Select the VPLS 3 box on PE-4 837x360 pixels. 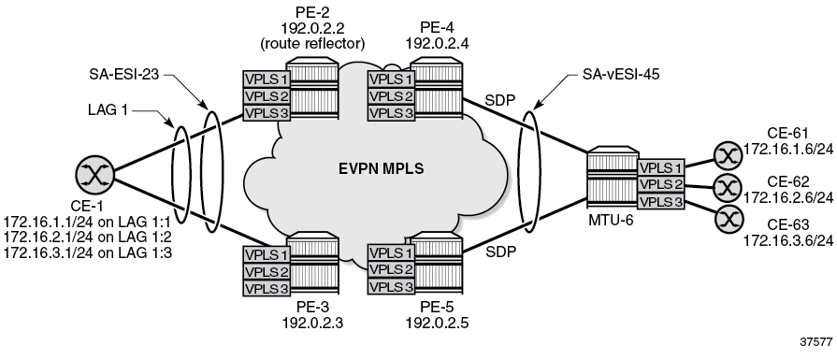click(x=388, y=113)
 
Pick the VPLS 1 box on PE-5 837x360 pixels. click(x=388, y=253)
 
